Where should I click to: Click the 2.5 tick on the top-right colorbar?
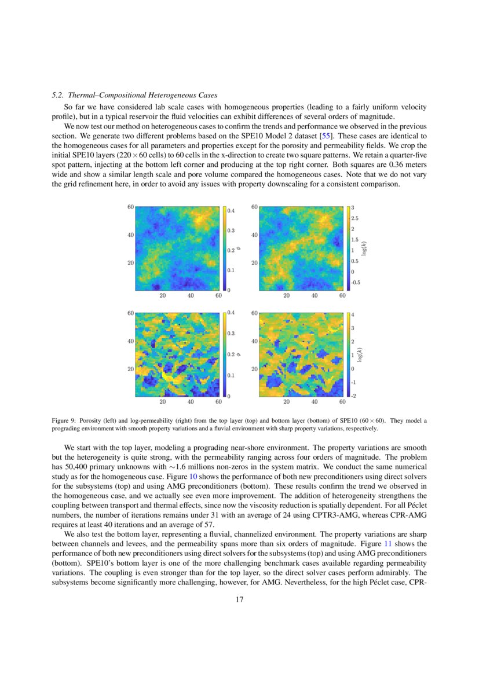click(354, 218)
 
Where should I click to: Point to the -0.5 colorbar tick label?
click(356, 283)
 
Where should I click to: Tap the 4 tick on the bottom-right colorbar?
click(353, 315)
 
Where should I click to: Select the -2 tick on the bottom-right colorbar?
click(354, 396)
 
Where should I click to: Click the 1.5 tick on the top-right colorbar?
click(354, 240)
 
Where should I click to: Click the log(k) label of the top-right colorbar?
click(364, 248)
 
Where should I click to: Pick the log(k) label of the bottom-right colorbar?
click(360, 354)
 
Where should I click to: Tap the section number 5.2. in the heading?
click(58, 94)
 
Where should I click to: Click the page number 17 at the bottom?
click(239, 599)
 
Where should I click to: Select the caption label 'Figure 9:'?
click(64, 421)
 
